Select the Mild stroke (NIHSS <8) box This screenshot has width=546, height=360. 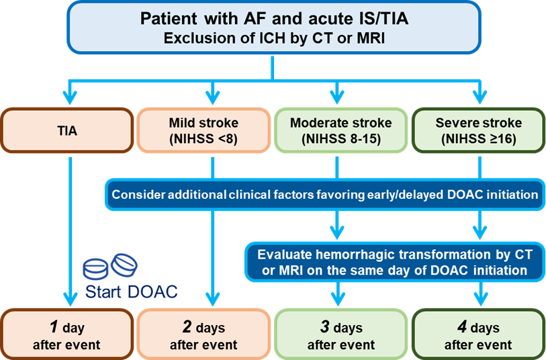(x=203, y=131)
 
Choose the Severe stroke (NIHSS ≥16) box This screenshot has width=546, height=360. (x=477, y=131)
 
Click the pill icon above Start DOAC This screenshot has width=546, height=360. (x=111, y=266)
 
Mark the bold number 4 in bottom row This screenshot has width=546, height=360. (x=461, y=327)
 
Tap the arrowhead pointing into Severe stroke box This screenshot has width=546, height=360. (x=479, y=101)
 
